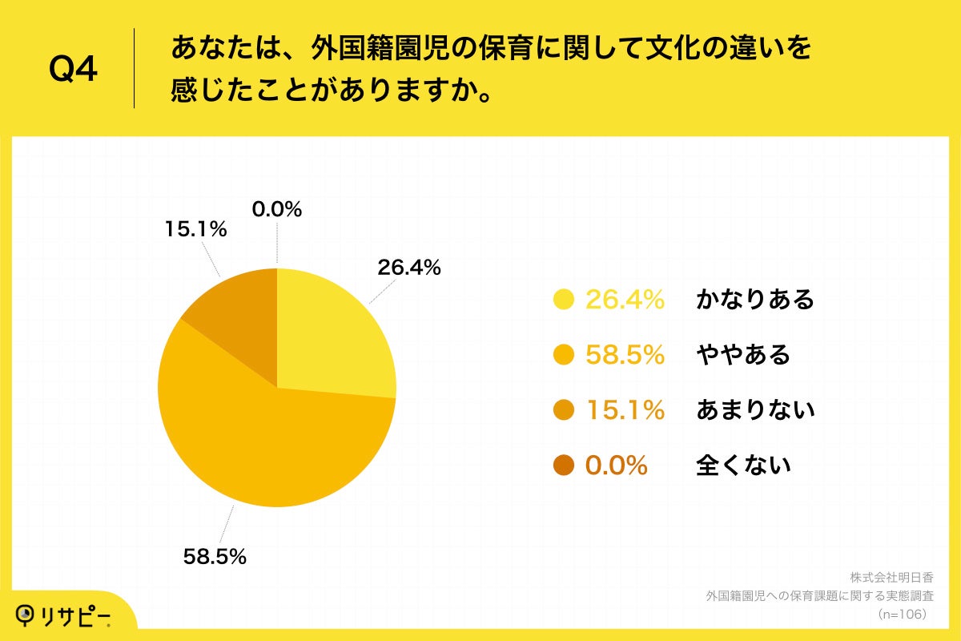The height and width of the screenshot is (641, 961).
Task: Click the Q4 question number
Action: click(73, 70)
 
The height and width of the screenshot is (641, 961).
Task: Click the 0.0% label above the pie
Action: click(277, 210)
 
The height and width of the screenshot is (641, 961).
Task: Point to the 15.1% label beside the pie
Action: click(196, 229)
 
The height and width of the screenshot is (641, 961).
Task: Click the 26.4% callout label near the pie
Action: click(409, 268)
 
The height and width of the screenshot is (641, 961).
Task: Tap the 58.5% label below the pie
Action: click(215, 556)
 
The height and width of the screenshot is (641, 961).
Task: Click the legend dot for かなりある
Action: click(565, 300)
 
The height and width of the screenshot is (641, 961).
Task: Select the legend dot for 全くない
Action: click(565, 465)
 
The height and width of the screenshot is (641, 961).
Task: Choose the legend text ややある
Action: click(743, 355)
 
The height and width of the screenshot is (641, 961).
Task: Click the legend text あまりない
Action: click(755, 410)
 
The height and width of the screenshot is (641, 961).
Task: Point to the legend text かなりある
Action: click(755, 300)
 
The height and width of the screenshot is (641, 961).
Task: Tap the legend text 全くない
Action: click(743, 465)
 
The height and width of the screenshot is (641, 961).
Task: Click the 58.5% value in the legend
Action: click(625, 355)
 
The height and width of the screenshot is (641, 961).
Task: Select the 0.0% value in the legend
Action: click(616, 465)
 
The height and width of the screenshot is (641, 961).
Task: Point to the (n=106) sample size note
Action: click(903, 614)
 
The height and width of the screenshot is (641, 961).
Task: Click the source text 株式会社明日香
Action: click(891, 578)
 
